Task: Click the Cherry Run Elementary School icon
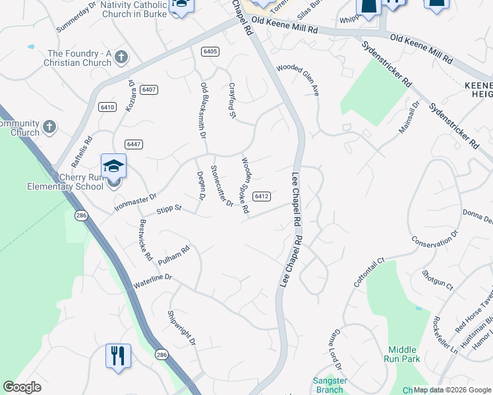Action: (x=113, y=166)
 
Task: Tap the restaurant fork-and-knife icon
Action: (x=118, y=355)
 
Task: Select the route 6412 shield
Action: (x=262, y=196)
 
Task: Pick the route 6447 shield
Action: (x=134, y=144)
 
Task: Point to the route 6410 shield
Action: (x=107, y=107)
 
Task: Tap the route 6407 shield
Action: (x=148, y=90)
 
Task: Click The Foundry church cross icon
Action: (x=121, y=57)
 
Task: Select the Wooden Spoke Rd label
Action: (x=245, y=186)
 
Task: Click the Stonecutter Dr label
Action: (x=221, y=186)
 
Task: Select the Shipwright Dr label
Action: (x=182, y=328)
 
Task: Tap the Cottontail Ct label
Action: (x=368, y=273)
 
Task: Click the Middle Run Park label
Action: (x=403, y=354)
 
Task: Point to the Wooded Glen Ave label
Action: (x=298, y=80)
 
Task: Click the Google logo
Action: (x=22, y=387)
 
